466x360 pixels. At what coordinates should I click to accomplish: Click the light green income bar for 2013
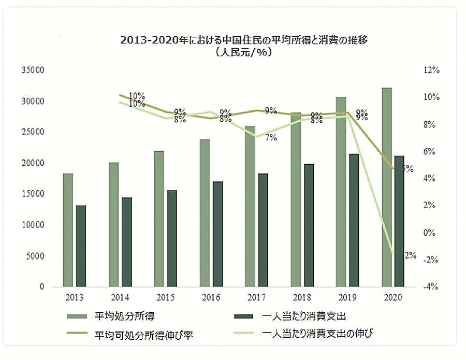pos(68,230)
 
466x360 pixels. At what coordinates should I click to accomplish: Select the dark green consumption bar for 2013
pos(81,246)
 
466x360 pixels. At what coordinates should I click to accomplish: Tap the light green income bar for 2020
pos(386,187)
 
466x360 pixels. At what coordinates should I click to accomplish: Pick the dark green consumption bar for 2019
pos(354,220)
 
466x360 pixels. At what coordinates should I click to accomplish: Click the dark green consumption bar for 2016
pos(217,234)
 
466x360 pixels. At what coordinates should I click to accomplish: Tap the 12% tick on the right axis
pos(431,70)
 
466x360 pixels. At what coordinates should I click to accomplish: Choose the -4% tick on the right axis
pos(431,287)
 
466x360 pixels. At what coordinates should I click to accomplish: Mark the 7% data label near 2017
pos(271,138)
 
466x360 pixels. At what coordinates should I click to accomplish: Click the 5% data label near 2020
pos(407,169)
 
